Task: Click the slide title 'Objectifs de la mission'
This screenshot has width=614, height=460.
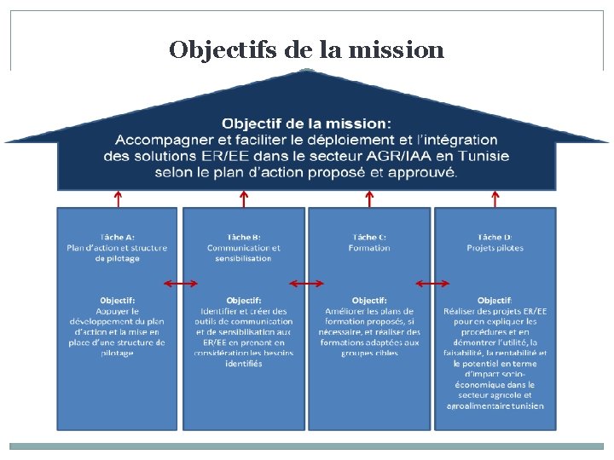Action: (306, 49)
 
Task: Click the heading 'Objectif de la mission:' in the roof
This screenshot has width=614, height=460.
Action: (307, 124)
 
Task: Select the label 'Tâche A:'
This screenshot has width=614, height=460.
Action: (117, 237)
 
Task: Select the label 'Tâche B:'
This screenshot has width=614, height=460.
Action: (243, 237)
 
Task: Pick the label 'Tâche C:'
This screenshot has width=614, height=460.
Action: (369, 237)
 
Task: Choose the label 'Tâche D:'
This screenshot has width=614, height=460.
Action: (495, 237)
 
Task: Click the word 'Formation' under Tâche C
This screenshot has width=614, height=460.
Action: (369, 248)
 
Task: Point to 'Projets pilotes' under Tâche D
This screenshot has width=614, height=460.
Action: (495, 248)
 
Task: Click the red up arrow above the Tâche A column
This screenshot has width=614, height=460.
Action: (118, 198)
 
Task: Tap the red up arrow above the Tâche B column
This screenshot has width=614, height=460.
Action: (244, 198)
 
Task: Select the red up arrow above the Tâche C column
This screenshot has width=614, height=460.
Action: (369, 198)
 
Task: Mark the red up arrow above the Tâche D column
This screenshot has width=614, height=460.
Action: (495, 198)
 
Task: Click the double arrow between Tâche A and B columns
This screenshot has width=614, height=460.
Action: (180, 283)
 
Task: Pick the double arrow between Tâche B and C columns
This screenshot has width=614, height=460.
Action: (306, 283)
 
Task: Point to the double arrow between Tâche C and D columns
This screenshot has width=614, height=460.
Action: (432, 283)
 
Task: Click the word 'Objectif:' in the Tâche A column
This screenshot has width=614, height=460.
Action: (117, 300)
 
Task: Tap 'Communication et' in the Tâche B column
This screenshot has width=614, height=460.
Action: (243, 248)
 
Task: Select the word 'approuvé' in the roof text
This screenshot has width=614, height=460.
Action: (426, 172)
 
